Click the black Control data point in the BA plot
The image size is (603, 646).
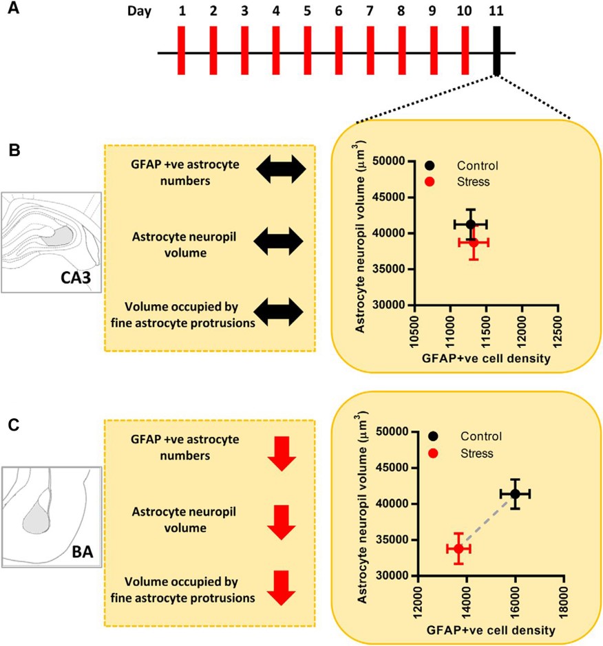pyautogui.click(x=515, y=494)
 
